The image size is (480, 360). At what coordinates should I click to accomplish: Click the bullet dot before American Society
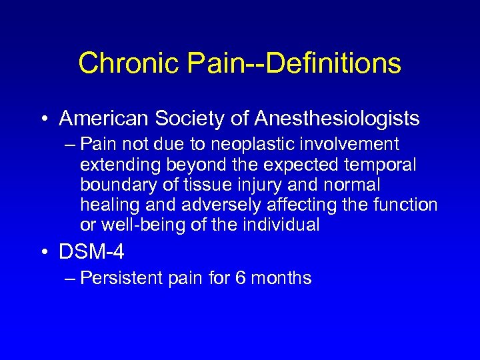(x=47, y=119)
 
